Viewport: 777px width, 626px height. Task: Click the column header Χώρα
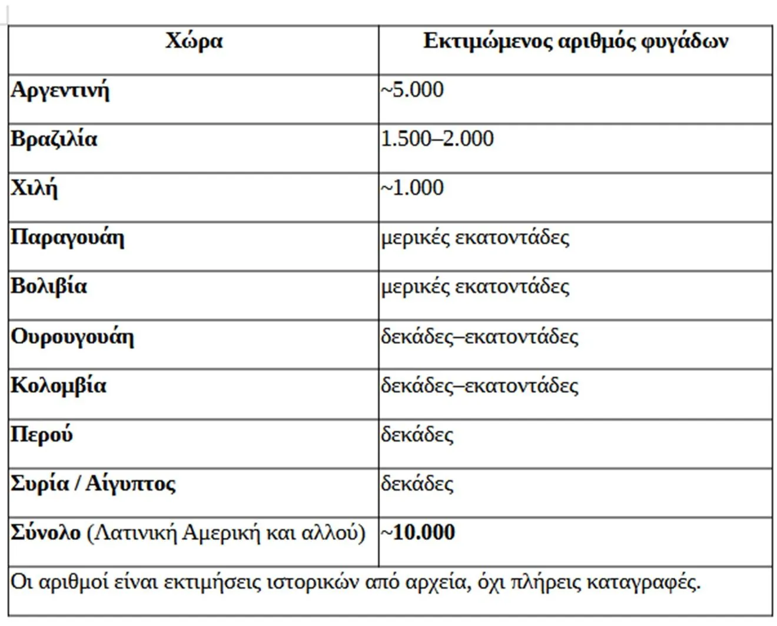[194, 42]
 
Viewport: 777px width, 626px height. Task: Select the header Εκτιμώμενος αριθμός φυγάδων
[575, 42]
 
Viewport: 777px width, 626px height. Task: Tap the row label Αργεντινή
[60, 91]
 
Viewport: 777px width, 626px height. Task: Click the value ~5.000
[412, 90]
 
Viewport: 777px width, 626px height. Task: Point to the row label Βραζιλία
[54, 140]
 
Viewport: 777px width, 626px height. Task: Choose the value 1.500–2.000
[437, 139]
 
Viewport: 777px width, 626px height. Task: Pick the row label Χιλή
[34, 188]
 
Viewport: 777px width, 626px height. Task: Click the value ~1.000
[412, 188]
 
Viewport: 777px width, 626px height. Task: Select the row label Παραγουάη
[67, 238]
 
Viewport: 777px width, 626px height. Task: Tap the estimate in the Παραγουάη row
[474, 238]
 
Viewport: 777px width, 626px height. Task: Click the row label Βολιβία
[49, 287]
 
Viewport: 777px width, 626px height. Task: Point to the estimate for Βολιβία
[474, 287]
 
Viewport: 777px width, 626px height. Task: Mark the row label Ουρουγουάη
[72, 337]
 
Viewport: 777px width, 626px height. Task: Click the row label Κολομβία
[58, 386]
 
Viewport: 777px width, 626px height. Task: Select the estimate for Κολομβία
[479, 386]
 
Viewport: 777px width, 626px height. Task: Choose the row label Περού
[42, 435]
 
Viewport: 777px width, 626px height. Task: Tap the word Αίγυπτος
[131, 484]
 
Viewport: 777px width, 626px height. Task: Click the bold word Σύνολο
[46, 532]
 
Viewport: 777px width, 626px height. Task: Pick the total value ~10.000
[418, 532]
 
